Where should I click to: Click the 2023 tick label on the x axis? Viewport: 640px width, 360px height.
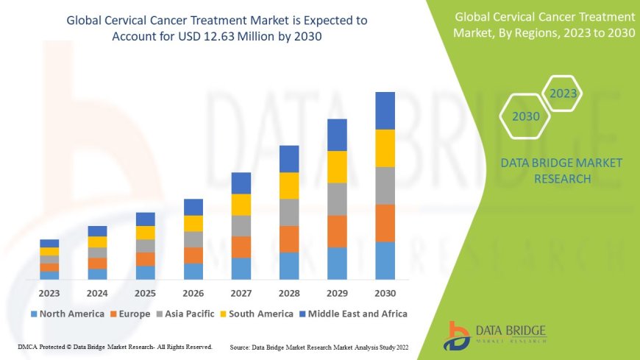[x=49, y=292]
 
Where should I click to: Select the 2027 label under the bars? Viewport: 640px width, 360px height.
[x=241, y=292]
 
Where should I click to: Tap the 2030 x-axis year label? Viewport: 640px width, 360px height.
[x=385, y=292]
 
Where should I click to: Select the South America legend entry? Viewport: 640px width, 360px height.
[x=257, y=314]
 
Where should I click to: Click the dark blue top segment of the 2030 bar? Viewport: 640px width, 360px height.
[x=385, y=110]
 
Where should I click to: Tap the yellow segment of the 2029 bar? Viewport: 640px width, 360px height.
[x=337, y=166]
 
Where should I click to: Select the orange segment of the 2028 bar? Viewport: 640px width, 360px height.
[x=289, y=239]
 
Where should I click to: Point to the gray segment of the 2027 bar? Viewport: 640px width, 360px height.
[x=241, y=225]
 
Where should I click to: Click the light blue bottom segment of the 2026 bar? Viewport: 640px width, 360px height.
[x=193, y=271]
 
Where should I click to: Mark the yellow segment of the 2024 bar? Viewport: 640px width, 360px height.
[x=97, y=241]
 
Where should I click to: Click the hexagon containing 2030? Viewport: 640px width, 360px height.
[x=526, y=116]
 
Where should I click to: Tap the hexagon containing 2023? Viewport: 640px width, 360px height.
[x=563, y=93]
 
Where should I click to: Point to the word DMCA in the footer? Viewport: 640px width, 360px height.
[x=27, y=346]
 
